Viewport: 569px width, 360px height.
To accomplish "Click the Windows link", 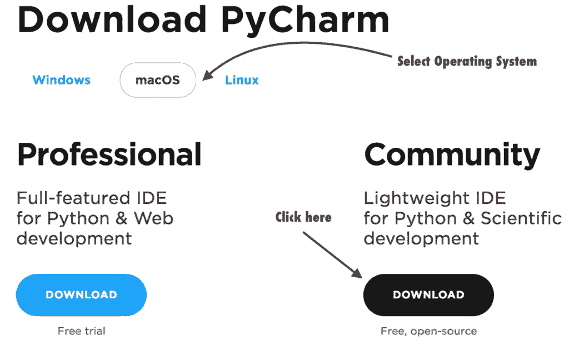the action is [x=61, y=80].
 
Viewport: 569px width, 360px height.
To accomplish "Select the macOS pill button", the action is [x=158, y=80].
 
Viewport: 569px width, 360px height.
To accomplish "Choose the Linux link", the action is [x=242, y=80].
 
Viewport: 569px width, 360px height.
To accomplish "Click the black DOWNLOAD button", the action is [x=428, y=294].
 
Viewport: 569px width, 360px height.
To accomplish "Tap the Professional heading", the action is [x=109, y=155].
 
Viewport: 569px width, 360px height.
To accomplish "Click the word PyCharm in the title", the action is [x=305, y=21].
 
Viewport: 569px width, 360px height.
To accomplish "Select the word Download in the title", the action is [x=112, y=19].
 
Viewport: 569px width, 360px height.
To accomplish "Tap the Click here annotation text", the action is [x=303, y=217].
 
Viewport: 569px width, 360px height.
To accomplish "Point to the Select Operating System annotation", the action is [x=467, y=61].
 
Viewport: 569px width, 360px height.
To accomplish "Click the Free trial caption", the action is [x=81, y=331].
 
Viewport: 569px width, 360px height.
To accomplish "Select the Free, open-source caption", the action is [x=428, y=331].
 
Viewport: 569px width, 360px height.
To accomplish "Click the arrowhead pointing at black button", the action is [x=357, y=273].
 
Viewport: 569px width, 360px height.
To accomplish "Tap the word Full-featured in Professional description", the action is [x=73, y=198].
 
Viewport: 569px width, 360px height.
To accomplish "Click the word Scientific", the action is [x=521, y=218].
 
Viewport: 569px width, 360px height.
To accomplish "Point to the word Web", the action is [x=153, y=218].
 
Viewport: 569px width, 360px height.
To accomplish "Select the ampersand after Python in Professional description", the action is [x=122, y=218].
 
